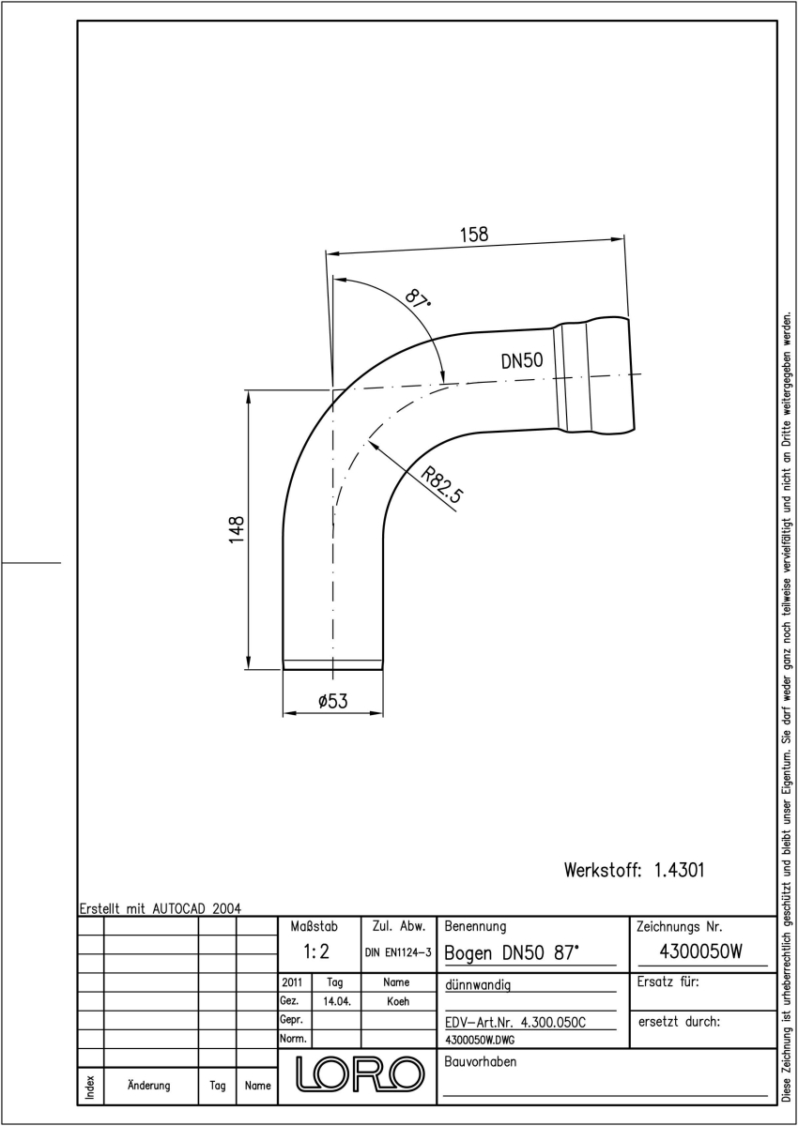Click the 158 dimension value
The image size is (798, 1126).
click(x=474, y=235)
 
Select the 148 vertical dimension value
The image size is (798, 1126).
click(x=237, y=529)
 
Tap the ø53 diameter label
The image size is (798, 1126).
click(x=333, y=700)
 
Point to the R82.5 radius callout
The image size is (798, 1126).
click(x=441, y=485)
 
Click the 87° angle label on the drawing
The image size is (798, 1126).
click(x=418, y=298)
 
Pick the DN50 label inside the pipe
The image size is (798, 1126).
click(x=522, y=361)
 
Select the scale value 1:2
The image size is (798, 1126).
click(x=316, y=951)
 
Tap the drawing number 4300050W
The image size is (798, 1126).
click(x=700, y=951)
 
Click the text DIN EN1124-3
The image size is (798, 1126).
click(x=398, y=952)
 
